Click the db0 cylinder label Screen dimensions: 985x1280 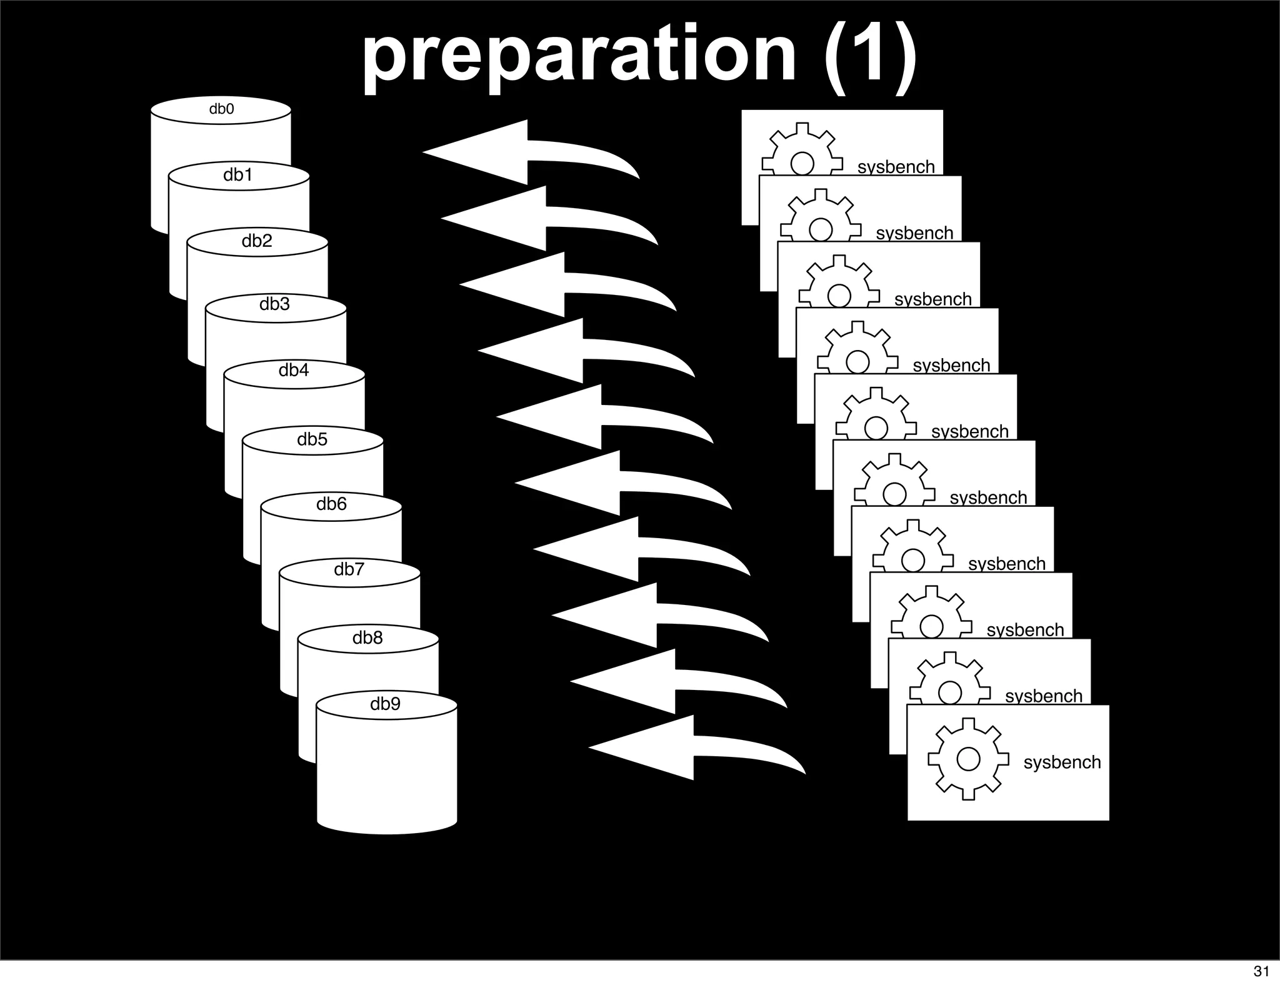[x=221, y=109]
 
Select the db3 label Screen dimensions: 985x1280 [x=274, y=304]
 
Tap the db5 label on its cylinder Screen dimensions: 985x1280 [x=312, y=439]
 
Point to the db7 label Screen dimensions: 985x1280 [x=349, y=569]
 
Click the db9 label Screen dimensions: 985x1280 [x=385, y=704]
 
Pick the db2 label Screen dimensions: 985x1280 [x=257, y=241]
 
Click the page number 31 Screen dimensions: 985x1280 [x=1261, y=971]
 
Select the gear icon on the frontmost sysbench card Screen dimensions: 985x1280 [x=968, y=759]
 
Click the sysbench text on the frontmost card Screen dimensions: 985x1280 [x=1062, y=762]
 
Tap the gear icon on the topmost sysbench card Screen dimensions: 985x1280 [x=802, y=150]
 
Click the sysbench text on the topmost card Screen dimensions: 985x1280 [x=896, y=167]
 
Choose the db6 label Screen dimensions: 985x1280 [x=331, y=504]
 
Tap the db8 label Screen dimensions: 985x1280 [x=367, y=637]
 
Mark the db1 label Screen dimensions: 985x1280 [x=238, y=175]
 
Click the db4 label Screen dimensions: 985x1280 [x=293, y=371]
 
